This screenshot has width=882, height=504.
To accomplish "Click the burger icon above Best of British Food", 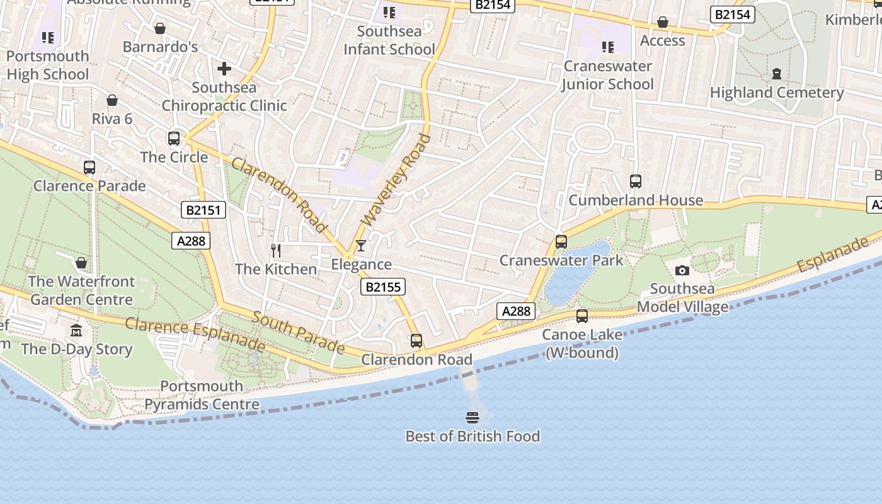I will (x=472, y=417).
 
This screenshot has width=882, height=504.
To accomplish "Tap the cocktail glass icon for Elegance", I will (x=361, y=245).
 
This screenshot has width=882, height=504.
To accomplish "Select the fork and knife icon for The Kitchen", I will (x=276, y=250).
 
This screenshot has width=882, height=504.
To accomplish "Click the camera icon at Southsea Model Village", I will (x=682, y=270).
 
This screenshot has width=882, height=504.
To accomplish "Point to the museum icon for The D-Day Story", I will (x=76, y=330).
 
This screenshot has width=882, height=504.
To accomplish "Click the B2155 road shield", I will (x=383, y=287).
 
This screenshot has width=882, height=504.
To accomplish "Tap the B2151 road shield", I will (x=203, y=210).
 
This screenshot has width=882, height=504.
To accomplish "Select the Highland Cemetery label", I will (x=777, y=93).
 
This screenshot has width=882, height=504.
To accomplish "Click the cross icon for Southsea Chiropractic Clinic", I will (x=224, y=69).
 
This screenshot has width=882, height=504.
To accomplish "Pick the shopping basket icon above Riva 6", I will (x=112, y=100).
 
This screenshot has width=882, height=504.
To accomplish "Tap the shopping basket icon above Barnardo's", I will (x=160, y=28).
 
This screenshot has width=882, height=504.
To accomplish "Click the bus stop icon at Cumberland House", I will (x=635, y=181).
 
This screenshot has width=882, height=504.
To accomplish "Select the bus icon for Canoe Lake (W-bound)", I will (x=581, y=316).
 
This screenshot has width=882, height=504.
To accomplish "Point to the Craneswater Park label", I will (x=561, y=260).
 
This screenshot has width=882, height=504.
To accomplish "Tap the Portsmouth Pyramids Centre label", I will (x=202, y=395).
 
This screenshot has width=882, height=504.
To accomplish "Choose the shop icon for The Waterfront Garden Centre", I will (x=81, y=262).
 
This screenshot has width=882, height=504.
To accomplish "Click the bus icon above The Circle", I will (x=174, y=139).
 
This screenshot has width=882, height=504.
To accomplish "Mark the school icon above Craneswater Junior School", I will (x=607, y=47).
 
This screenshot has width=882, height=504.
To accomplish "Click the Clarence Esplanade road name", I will (x=195, y=334).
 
